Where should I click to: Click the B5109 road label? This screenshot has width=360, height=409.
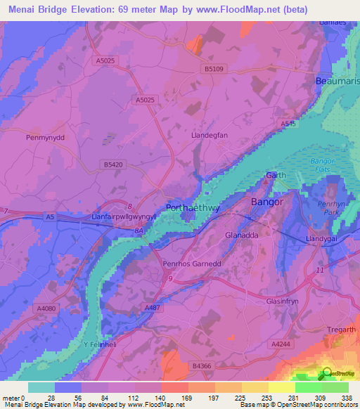pos(215,68)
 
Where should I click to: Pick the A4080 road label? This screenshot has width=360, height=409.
pos(47,308)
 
